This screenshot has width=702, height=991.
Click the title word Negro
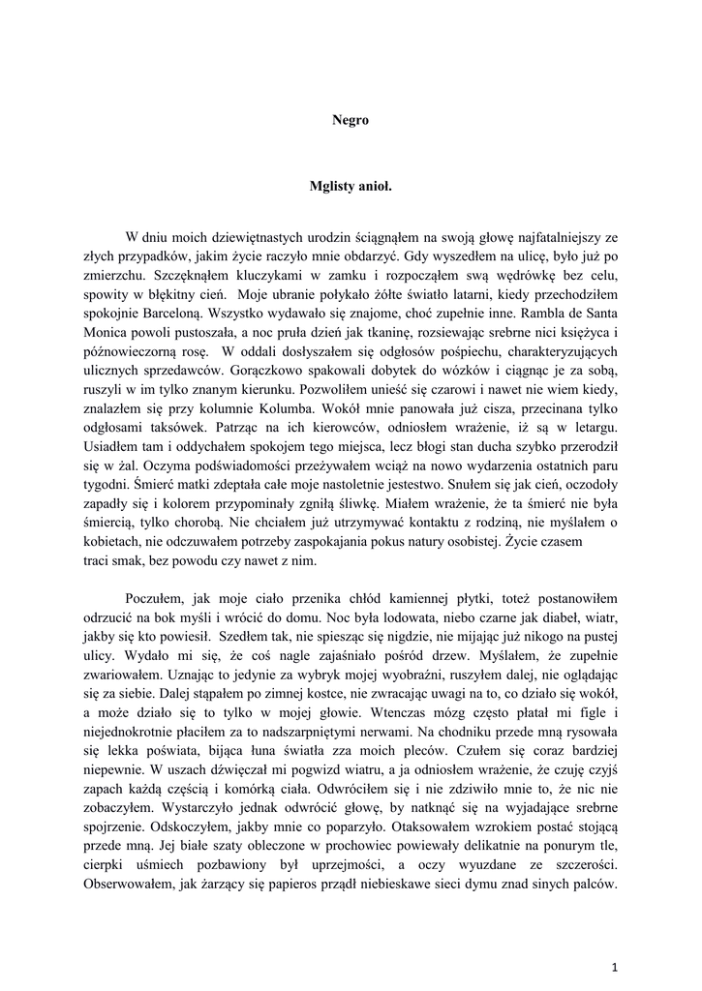coord(351,120)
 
